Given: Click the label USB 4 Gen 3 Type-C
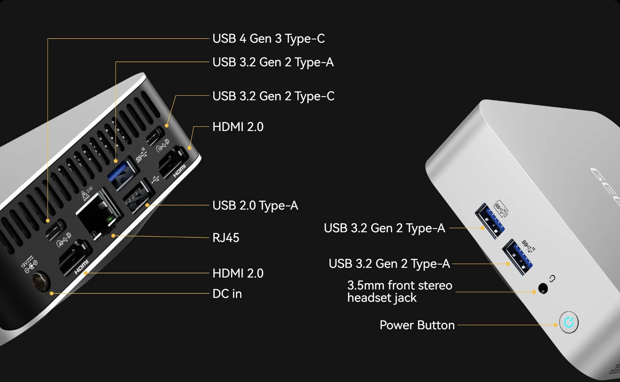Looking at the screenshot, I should click(268, 38).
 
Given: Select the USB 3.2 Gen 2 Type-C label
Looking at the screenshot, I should click(273, 96).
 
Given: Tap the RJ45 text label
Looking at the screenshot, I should click(226, 238).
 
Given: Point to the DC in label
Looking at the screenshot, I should click(227, 294).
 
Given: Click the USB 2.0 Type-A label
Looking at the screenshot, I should click(255, 205).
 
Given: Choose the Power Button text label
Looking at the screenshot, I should click(417, 325).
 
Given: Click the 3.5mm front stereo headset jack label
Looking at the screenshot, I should click(399, 291).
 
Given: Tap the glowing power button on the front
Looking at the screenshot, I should click(569, 322).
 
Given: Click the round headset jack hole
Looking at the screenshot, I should click(543, 288).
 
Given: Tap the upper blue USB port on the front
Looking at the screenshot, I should click(489, 221).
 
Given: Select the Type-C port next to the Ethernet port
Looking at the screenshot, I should click(55, 230).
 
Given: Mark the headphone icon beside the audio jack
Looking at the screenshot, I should click(552, 278).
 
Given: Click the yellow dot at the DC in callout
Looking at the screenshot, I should click(51, 293).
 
